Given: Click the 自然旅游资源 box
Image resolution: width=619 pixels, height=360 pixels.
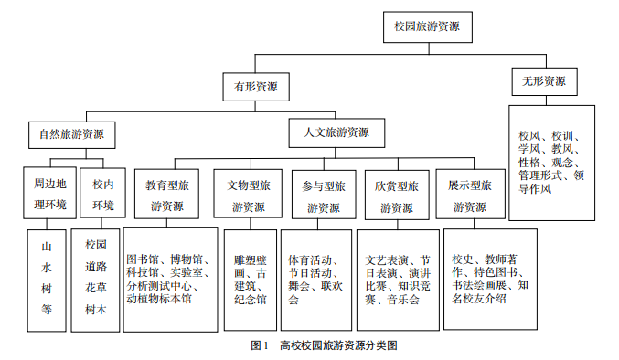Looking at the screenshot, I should [71, 135].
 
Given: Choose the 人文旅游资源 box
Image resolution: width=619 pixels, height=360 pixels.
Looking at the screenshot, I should [336, 132].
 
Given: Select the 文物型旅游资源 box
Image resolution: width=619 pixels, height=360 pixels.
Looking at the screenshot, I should [249, 193].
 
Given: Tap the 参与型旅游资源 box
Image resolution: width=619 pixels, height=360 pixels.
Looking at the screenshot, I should [325, 193].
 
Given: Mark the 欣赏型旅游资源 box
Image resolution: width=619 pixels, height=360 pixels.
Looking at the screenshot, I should [396, 193].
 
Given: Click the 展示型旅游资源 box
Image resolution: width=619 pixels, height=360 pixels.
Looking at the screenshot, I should [469, 193].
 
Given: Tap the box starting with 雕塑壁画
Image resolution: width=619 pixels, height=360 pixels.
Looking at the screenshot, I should [250, 278].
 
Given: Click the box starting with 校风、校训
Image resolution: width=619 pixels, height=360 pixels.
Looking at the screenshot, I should [551, 162].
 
